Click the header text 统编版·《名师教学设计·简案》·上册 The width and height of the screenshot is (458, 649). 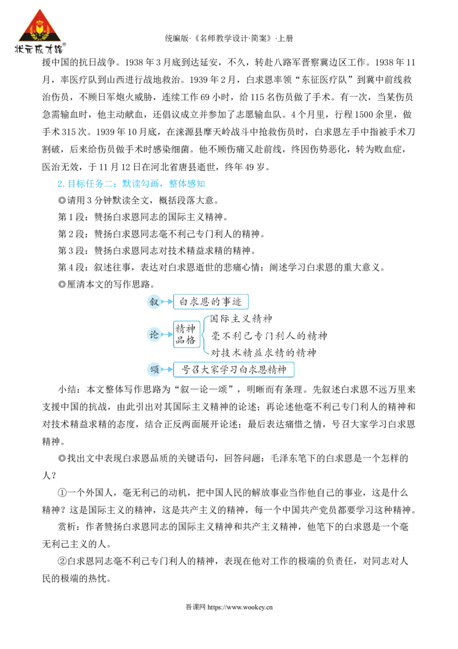tap(229, 38)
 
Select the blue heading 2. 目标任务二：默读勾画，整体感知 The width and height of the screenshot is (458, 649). tap(131, 184)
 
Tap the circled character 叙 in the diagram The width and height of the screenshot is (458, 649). tap(154, 302)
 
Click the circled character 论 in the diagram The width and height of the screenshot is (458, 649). tap(154, 334)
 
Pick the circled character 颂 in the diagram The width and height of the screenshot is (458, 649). tap(154, 369)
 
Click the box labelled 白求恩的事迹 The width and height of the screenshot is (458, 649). tap(211, 302)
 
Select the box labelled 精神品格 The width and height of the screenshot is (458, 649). tap(187, 334)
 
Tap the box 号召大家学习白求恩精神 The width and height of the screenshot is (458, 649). tap(234, 369)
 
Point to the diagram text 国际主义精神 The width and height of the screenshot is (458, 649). tap(241, 318)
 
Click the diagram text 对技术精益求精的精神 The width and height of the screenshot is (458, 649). tap(263, 353)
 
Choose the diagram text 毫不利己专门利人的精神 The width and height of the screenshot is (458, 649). tap(269, 335)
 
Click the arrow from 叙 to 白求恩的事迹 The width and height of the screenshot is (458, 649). tap(167, 302)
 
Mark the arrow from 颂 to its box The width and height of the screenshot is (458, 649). tap(167, 369)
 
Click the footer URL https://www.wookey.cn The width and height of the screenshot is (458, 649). tap(240, 607)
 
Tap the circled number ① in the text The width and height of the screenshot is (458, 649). tap(62, 493)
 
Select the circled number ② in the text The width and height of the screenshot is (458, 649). tap(62, 561)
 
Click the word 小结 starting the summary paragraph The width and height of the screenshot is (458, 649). tap(66, 389)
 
